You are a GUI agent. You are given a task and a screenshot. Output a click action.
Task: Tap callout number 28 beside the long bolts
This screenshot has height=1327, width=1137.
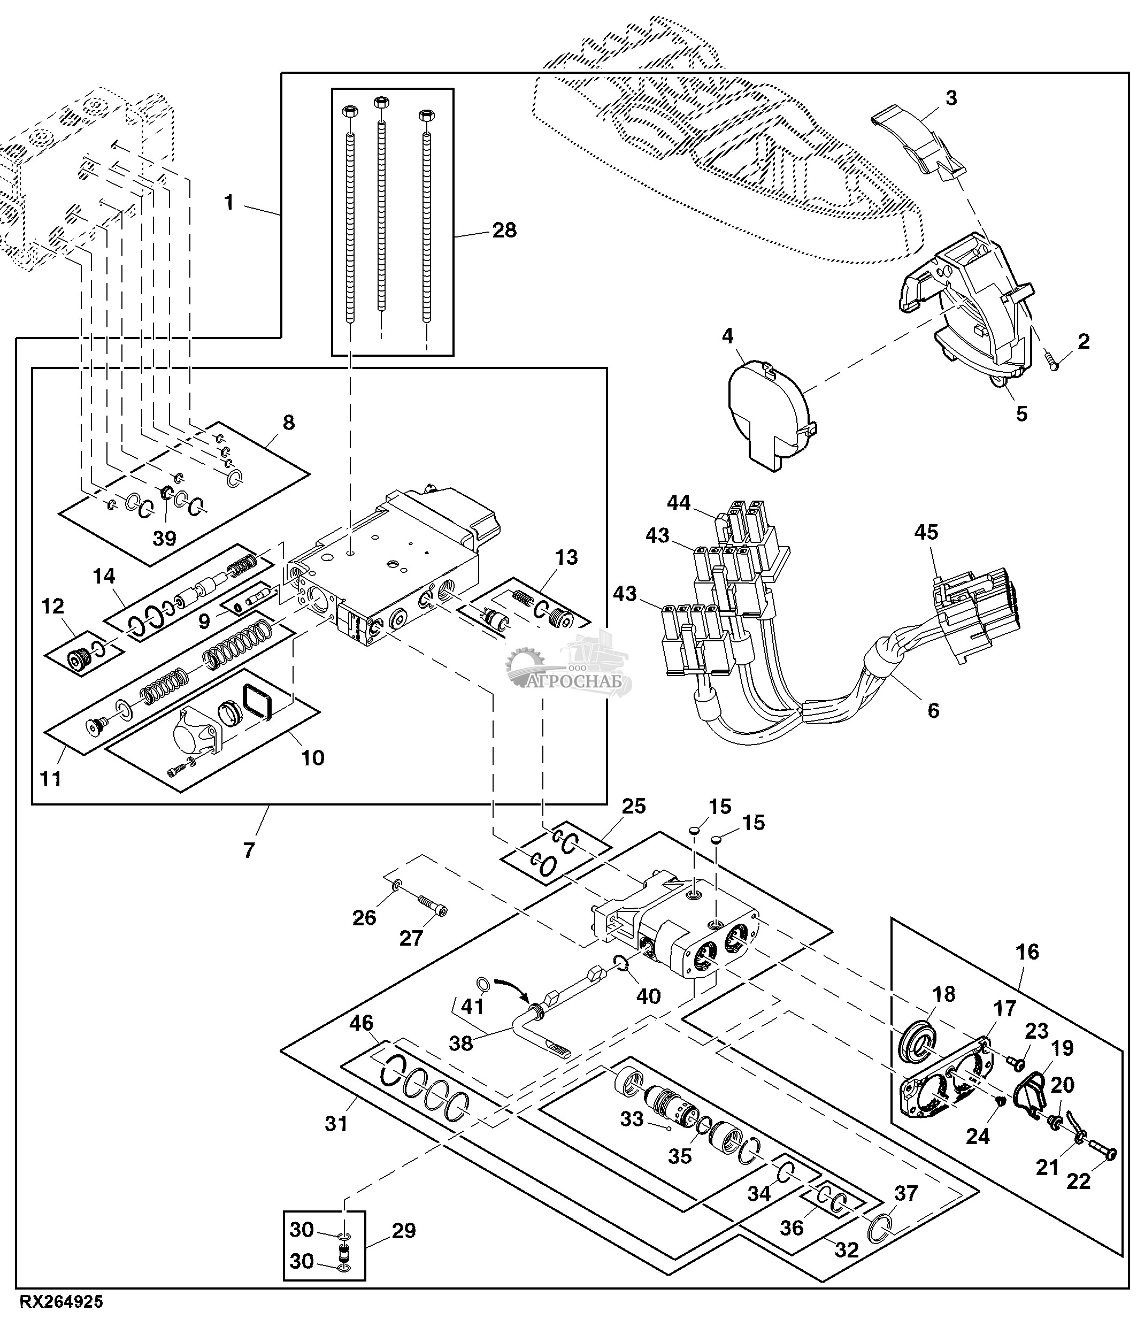pyautogui.click(x=504, y=230)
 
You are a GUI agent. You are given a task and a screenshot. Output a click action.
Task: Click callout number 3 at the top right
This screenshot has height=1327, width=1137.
pyautogui.click(x=951, y=98)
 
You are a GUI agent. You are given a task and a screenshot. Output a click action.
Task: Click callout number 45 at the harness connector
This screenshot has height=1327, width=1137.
pyautogui.click(x=926, y=532)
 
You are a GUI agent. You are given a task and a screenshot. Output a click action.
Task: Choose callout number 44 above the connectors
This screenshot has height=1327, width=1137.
pyautogui.click(x=679, y=503)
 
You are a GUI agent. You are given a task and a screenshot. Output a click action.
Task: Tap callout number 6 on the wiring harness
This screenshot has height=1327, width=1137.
pyautogui.click(x=933, y=710)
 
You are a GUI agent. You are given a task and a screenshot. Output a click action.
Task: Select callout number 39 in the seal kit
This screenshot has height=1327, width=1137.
pyautogui.click(x=164, y=538)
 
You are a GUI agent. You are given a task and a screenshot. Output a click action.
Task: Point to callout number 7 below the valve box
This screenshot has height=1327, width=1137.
pyautogui.click(x=249, y=850)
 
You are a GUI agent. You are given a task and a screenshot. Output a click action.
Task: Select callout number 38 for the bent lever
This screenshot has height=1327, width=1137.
pyautogui.click(x=460, y=1044)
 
